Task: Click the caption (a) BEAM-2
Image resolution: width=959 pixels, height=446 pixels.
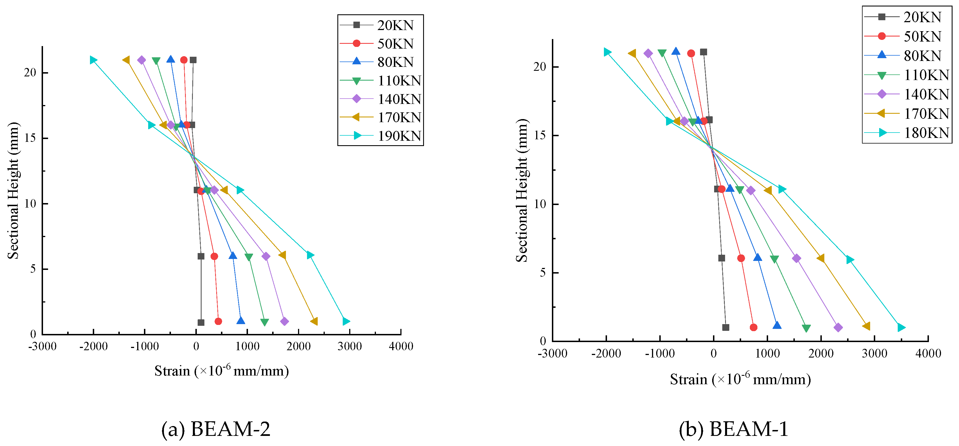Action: [x=216, y=429]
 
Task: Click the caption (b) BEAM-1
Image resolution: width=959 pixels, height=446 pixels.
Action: [x=734, y=429]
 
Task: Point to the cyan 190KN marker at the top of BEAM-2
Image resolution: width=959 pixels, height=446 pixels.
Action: [x=93, y=60]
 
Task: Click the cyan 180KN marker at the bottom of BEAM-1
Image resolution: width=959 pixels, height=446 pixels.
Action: [x=901, y=327]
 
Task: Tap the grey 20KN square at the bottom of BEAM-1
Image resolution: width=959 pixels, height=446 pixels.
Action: [x=726, y=327]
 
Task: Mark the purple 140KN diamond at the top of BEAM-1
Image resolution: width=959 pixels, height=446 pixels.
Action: [x=648, y=53]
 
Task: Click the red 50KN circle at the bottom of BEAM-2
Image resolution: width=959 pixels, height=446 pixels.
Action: [x=218, y=321]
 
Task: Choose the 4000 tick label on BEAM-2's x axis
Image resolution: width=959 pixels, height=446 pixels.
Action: [x=401, y=346]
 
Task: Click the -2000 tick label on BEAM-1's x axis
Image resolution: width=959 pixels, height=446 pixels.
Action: [x=606, y=353]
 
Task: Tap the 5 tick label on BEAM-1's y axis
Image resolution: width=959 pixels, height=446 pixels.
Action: [x=543, y=273]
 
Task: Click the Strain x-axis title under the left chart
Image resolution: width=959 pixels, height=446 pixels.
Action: [x=222, y=371]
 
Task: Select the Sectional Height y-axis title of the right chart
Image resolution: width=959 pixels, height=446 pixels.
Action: [x=522, y=190]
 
